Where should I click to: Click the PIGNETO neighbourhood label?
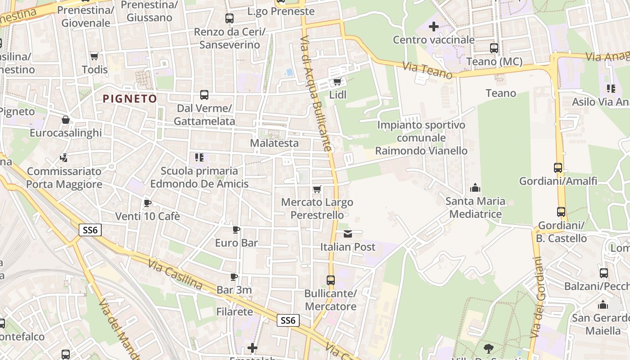[130, 99]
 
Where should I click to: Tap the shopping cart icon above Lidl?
[337, 82]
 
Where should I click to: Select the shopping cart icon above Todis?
[94, 56]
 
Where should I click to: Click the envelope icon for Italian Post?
[348, 234]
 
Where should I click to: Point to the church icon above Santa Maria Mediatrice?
[475, 188]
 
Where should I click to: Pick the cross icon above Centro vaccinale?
[434, 27]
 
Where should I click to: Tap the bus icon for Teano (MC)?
[494, 48]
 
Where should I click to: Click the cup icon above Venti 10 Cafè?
[147, 203]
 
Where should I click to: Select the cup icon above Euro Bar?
[236, 229]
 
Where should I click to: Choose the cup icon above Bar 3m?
[234, 277]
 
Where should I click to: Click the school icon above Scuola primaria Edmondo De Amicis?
[199, 157]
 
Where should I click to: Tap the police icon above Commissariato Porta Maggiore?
[64, 158]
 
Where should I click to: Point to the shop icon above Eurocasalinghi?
[66, 120]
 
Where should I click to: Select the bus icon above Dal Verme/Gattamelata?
[204, 95]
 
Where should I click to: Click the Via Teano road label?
[427, 71]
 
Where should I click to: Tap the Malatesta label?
[274, 143]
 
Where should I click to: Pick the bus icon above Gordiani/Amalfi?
[558, 168]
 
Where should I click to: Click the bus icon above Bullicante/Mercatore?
[331, 280]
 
